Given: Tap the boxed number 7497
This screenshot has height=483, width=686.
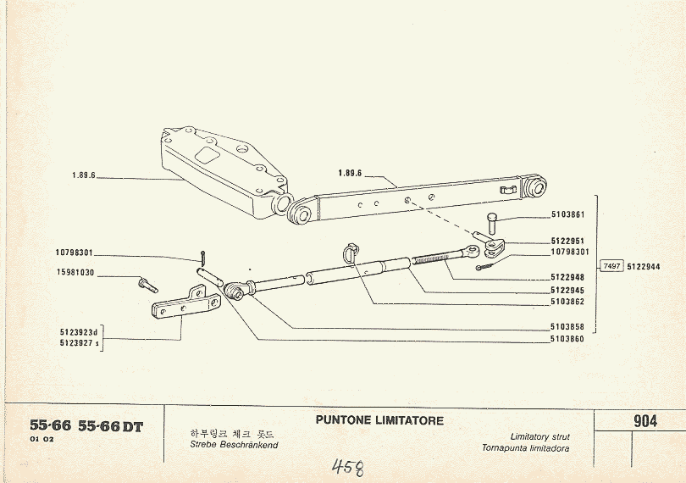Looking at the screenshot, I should [x=611, y=266].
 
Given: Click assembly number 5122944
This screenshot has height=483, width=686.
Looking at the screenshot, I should [x=644, y=266].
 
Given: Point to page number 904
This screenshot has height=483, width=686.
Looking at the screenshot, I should [x=645, y=421].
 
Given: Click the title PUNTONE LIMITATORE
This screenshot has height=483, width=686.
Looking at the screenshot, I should [x=379, y=420].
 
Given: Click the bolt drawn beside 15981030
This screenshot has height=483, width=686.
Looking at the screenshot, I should [x=147, y=284].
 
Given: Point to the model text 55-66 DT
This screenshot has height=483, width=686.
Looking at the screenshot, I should [x=110, y=426].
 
